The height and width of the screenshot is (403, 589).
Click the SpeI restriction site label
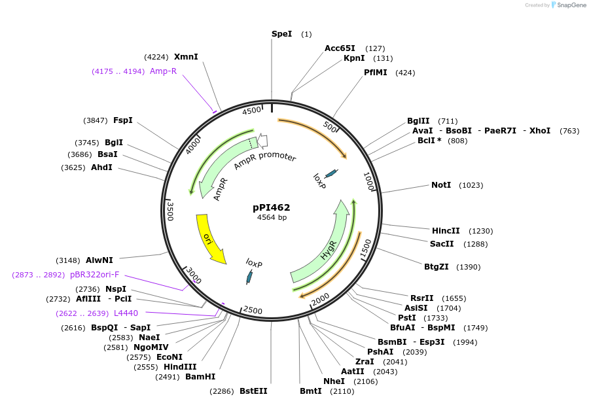coord(281,34)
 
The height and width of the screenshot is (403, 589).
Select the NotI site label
coord(441,185)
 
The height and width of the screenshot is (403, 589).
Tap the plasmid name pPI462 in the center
coord(272,207)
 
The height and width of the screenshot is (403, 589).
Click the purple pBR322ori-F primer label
coord(95,275)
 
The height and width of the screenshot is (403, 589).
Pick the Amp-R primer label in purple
coord(163,71)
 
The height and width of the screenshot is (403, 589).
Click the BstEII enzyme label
coord(253,391)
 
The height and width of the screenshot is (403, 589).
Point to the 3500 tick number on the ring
coord(170,211)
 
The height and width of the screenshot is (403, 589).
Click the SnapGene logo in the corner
coord(568,5)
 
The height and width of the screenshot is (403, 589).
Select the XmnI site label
coord(186,57)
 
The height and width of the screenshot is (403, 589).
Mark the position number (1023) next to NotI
coord(471,185)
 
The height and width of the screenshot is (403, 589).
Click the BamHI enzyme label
coord(200,376)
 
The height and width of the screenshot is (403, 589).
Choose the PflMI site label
coord(376,73)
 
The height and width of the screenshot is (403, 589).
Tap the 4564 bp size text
coord(272,217)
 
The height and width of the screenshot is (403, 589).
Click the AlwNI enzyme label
coord(99,260)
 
